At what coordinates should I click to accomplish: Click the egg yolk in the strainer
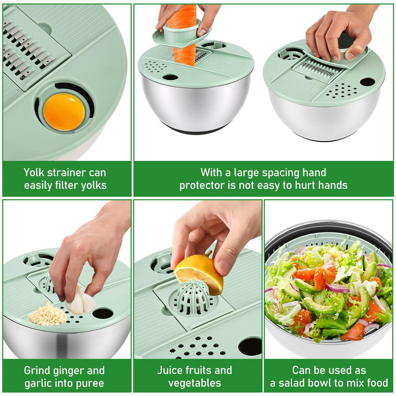coord(64,111)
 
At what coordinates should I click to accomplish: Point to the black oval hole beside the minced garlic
coord(103,313)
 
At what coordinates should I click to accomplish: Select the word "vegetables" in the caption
coord(195,383)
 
